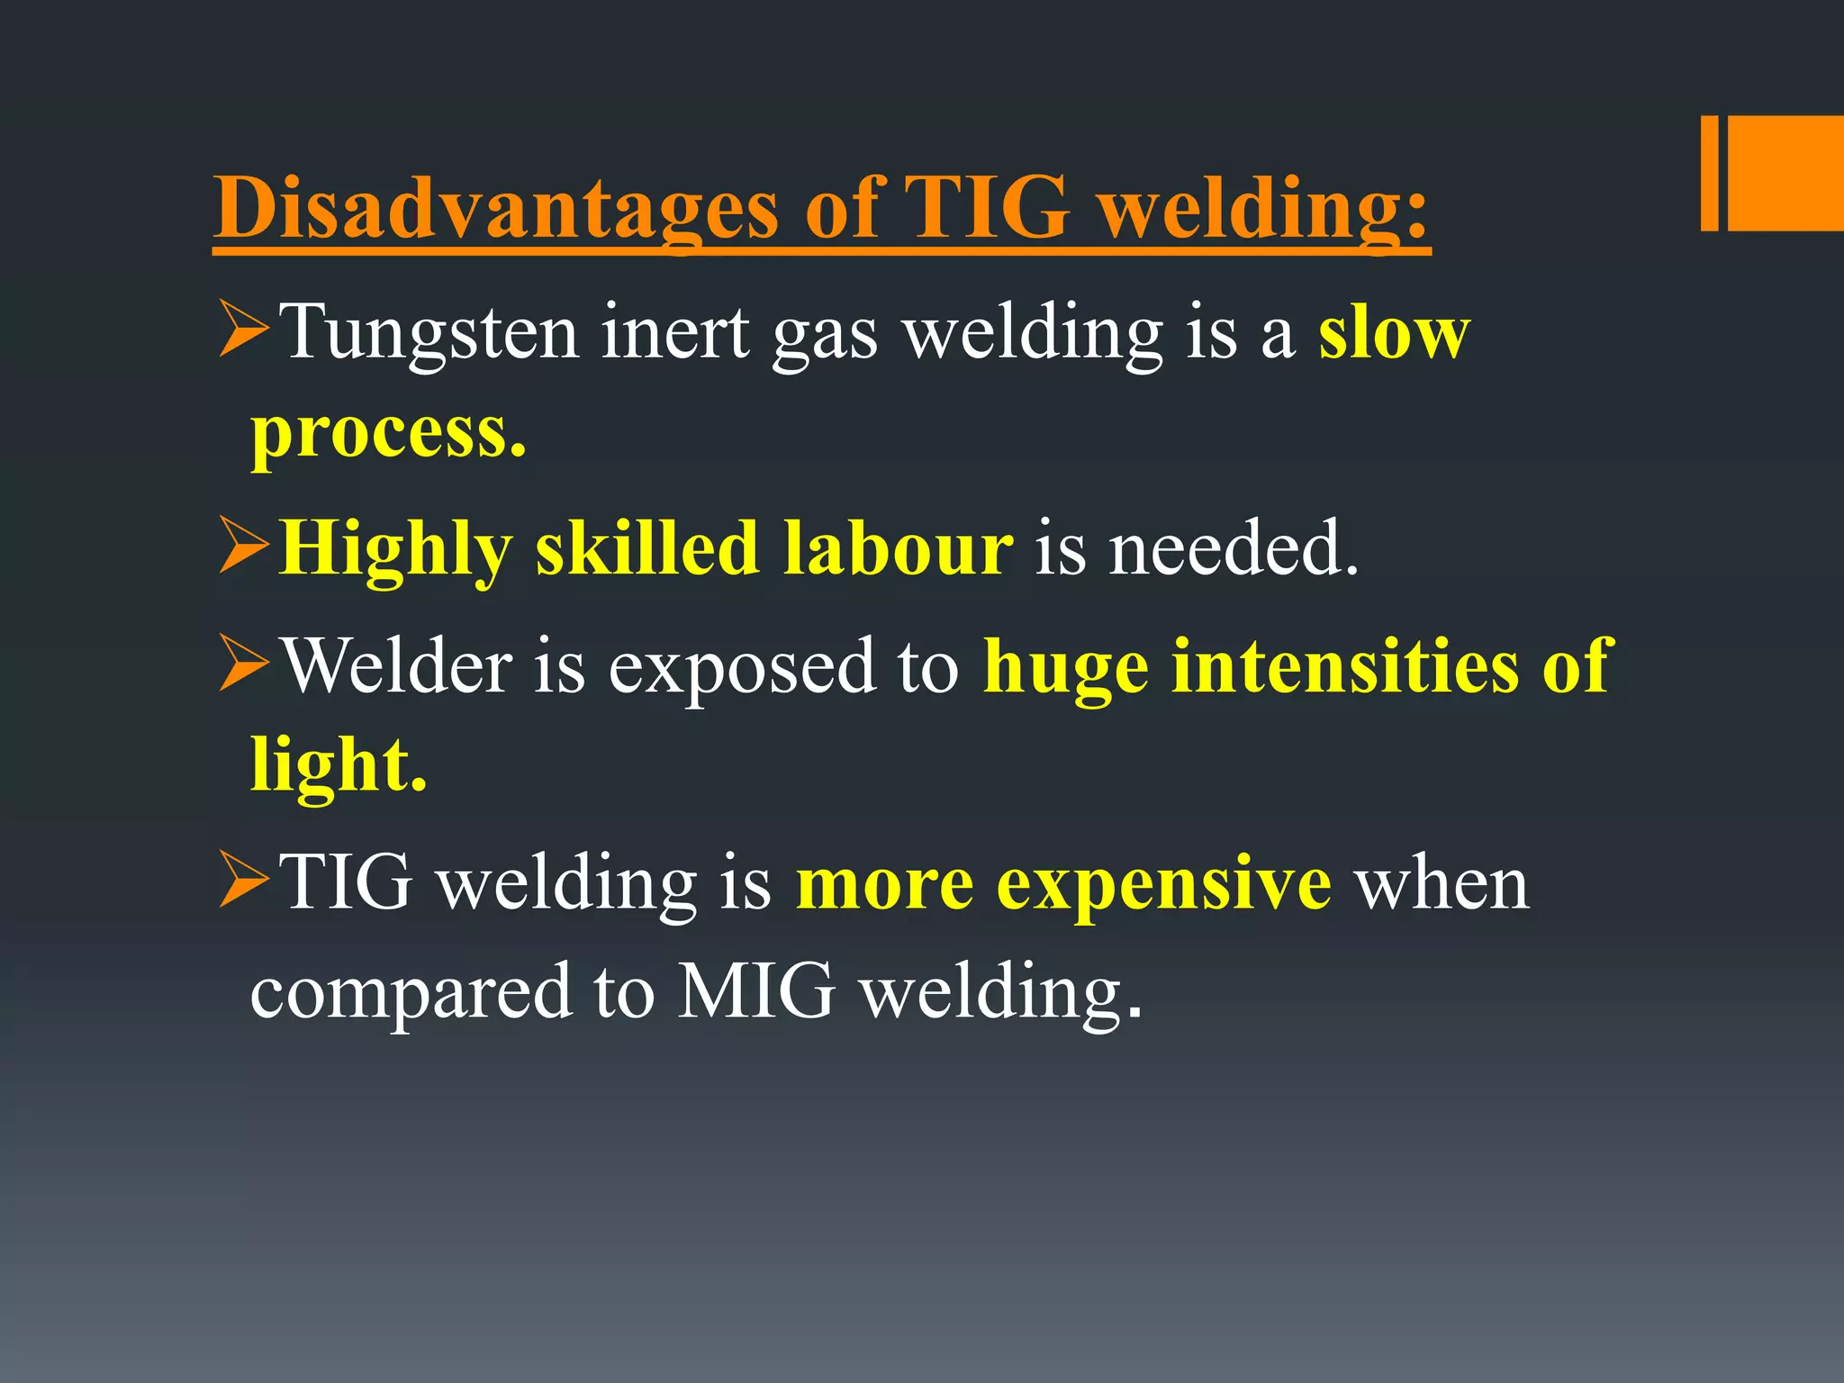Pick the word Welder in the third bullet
[x=397, y=666]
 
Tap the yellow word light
[x=339, y=765]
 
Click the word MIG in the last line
[x=755, y=990]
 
